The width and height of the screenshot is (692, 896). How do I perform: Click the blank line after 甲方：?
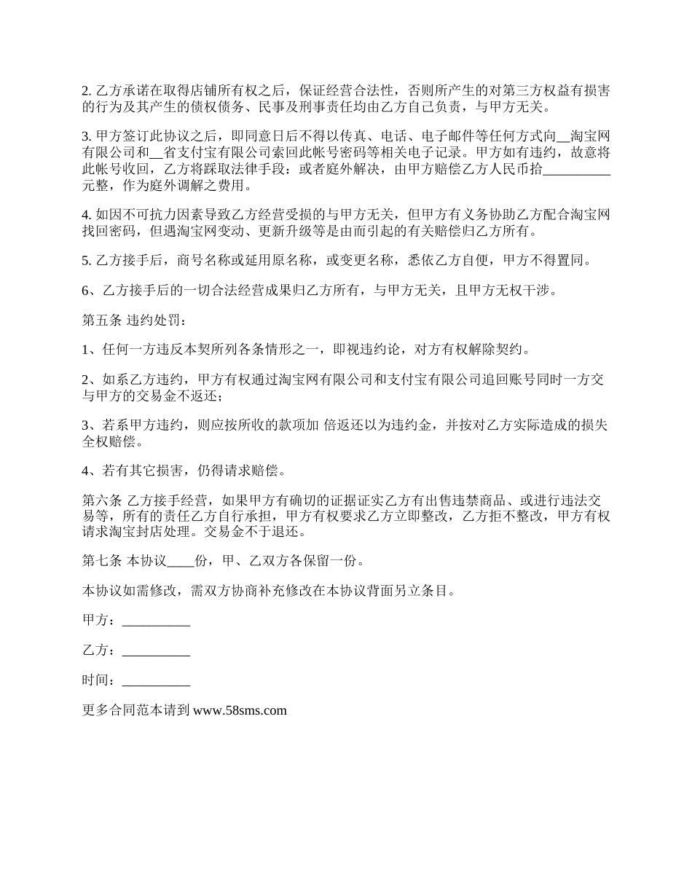[x=156, y=621]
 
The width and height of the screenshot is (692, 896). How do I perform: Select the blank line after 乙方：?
[x=156, y=651]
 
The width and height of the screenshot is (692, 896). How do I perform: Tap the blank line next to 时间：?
[x=156, y=681]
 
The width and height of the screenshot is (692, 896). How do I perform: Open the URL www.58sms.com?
[x=240, y=711]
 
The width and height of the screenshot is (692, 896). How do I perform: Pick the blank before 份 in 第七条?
[x=181, y=561]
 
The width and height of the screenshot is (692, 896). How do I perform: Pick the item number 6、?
[x=90, y=291]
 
